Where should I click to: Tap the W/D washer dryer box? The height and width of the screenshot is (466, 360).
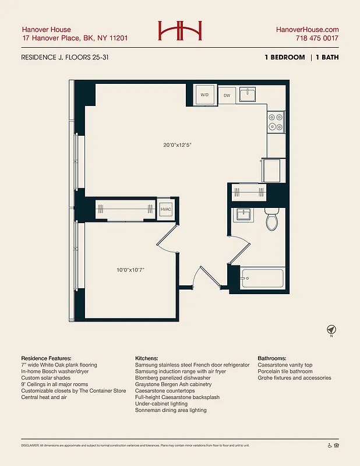point(204,94)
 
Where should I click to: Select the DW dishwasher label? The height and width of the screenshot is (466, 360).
point(227,95)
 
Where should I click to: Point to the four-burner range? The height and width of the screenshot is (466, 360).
point(276,121)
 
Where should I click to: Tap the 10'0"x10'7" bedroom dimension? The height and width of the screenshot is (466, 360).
point(130,270)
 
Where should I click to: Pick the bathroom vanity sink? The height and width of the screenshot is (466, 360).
point(243,215)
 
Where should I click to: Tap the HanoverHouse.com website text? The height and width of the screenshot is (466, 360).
point(307,29)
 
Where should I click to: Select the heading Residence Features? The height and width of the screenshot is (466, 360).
point(46,358)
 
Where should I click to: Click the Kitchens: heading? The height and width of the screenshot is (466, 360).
point(149,358)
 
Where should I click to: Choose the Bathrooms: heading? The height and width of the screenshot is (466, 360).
point(275,358)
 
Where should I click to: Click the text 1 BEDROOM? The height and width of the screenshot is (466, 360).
point(284,58)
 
